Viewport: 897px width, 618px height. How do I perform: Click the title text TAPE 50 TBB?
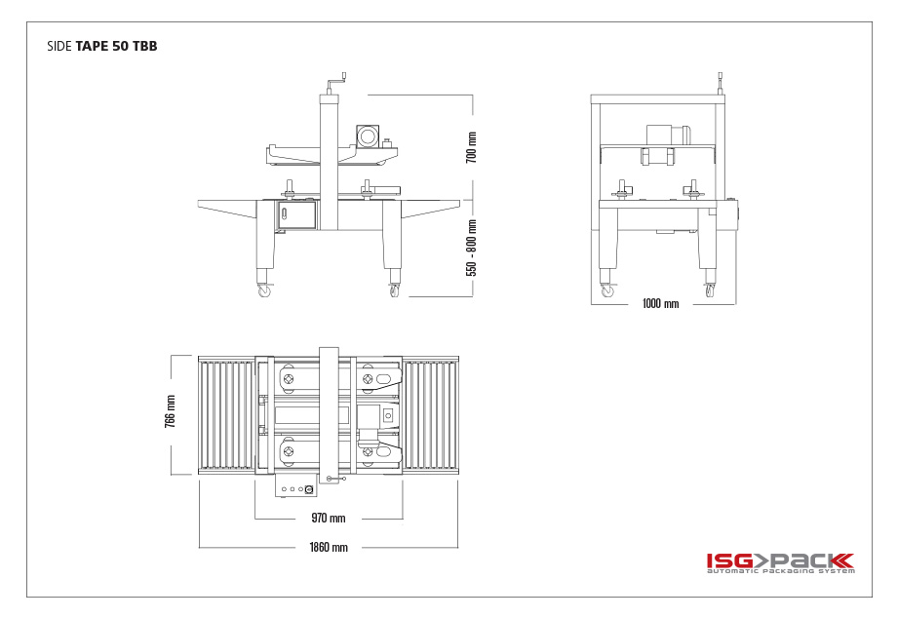(116, 47)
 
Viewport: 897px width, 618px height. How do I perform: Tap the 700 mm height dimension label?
(471, 147)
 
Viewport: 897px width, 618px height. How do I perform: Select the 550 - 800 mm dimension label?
(471, 248)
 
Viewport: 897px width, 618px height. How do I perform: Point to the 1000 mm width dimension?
(661, 303)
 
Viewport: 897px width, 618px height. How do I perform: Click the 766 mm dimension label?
(170, 411)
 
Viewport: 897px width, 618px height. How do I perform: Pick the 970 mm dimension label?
(329, 518)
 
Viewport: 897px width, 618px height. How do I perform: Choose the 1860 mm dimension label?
(329, 547)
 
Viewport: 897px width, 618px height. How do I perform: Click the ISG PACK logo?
(780, 562)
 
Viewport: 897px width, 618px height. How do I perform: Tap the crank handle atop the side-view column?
(337, 84)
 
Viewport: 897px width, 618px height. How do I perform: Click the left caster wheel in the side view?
(264, 290)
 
